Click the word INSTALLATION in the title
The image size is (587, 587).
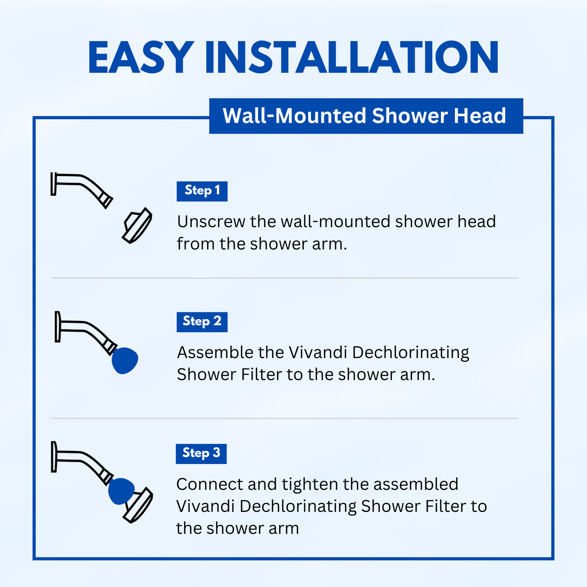point(352,57)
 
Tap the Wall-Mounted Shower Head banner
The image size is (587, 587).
point(366,116)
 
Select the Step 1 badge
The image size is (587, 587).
point(202,191)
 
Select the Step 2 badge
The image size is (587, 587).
point(202,322)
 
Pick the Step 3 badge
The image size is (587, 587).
point(201,454)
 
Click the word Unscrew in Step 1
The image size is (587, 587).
point(211,221)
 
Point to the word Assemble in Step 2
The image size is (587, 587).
point(215,353)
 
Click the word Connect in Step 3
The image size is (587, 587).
point(210,484)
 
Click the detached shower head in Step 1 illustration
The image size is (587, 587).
point(137,225)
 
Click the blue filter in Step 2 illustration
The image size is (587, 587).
point(125,360)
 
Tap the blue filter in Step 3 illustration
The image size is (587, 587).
point(121,491)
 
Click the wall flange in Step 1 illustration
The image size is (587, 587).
point(54,184)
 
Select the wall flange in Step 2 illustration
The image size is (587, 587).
point(58,327)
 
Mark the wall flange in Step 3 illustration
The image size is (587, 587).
point(54,457)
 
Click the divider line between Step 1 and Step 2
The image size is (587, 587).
point(284,278)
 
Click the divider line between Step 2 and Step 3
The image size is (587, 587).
point(284,418)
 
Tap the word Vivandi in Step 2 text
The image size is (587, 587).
point(318,353)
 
